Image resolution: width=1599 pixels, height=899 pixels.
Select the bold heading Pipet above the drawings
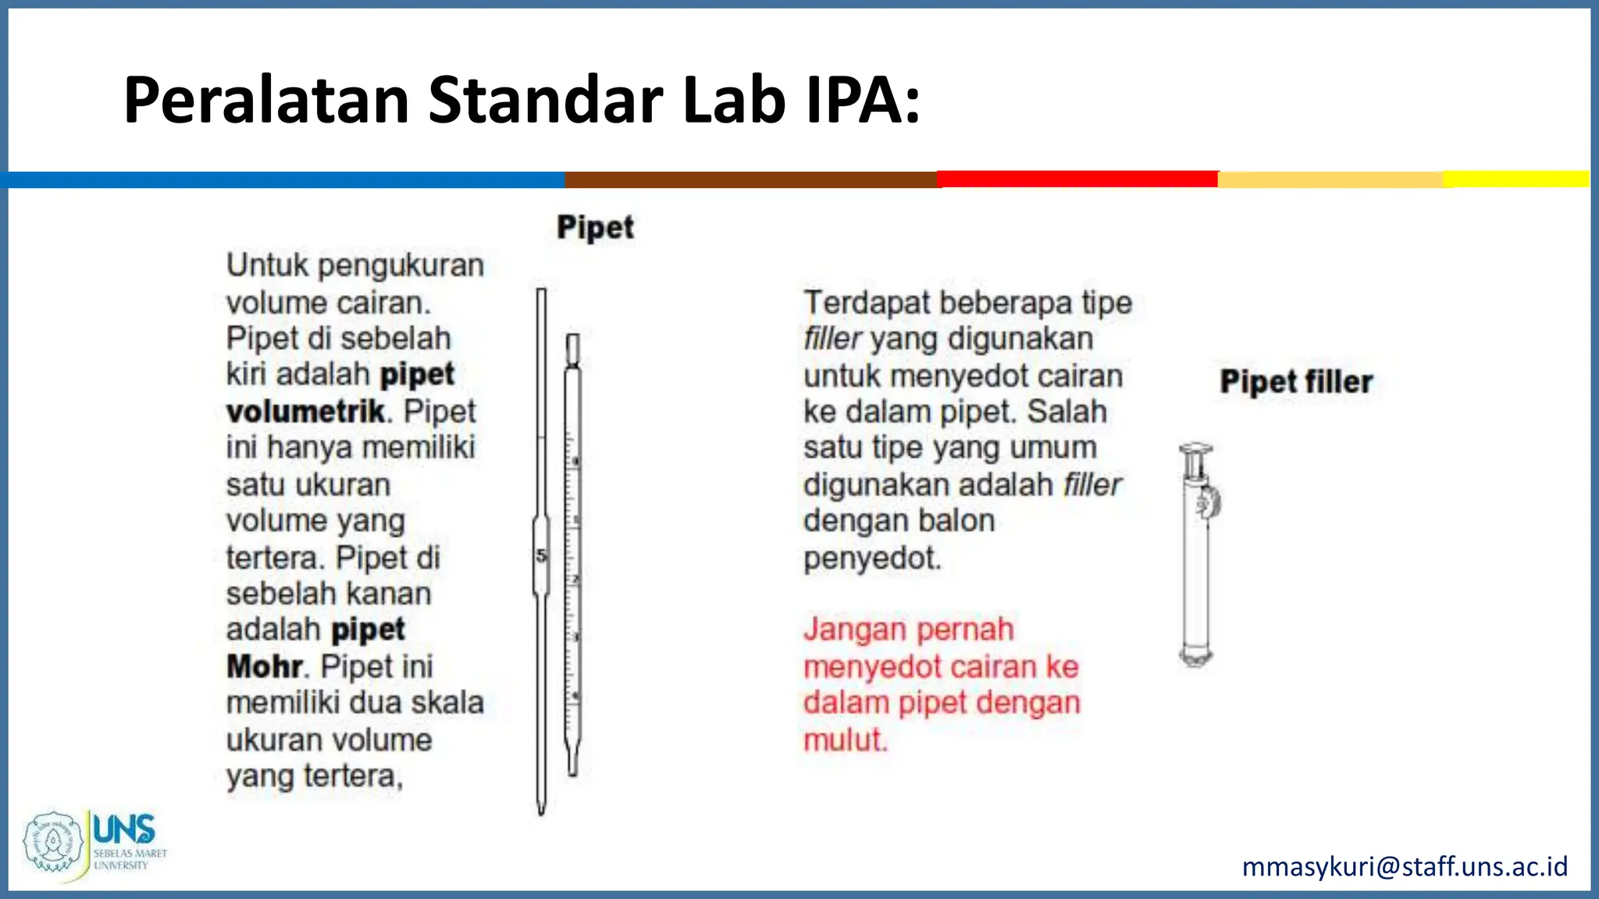[595, 227]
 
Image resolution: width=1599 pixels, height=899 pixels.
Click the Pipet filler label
[1296, 382]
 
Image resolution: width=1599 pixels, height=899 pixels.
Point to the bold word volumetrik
[305, 411]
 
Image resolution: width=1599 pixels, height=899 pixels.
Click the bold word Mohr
[264, 666]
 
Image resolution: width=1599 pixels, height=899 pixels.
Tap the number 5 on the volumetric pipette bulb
[541, 556]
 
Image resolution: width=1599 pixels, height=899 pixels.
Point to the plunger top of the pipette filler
[1195, 450]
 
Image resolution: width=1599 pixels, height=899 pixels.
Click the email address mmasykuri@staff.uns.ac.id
[1405, 866]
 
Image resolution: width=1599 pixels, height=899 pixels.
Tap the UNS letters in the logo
[123, 829]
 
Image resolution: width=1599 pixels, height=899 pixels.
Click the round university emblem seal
[53, 841]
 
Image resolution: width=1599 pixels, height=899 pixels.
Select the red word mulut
[846, 739]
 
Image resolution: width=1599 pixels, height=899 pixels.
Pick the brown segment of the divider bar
[750, 179]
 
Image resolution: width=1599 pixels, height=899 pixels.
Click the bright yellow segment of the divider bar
[1515, 179]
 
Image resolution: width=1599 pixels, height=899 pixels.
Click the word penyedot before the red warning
[872, 558]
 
